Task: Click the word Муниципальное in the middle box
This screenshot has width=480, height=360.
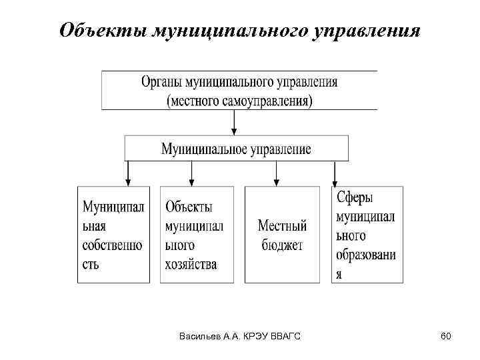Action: [x=205, y=148]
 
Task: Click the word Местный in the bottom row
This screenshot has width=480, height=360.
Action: [x=282, y=226]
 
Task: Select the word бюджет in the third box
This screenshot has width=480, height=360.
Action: [x=282, y=245]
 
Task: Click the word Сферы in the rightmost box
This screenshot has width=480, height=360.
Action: [x=355, y=198]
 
